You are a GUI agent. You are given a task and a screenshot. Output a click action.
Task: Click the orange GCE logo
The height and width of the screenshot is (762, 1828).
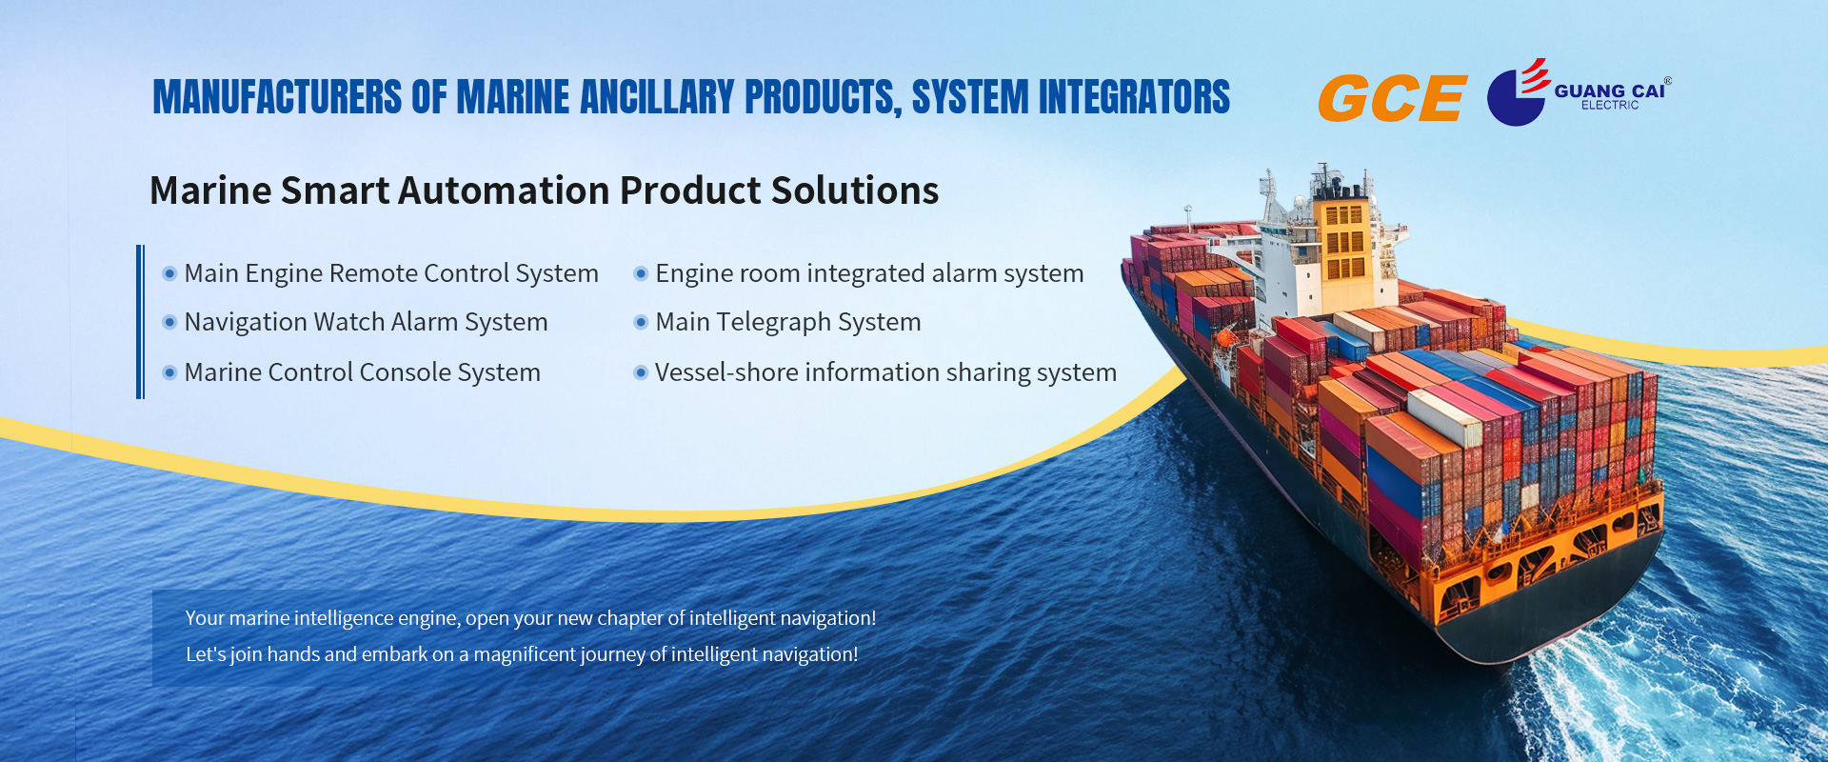[1392, 98]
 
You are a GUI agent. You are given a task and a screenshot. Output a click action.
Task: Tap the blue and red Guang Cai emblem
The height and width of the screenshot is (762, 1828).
[1518, 92]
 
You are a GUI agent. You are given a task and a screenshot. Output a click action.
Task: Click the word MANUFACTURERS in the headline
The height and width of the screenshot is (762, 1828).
[277, 97]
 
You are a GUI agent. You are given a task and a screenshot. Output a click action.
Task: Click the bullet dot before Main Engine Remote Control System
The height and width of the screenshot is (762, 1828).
[169, 273]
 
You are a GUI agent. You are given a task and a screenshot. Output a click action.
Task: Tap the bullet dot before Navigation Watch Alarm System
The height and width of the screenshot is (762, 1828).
[169, 322]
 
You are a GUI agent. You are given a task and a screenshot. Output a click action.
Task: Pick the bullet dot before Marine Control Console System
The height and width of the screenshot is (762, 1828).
[169, 371]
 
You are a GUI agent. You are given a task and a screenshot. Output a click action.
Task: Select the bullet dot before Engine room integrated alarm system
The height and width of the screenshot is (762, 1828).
[641, 273]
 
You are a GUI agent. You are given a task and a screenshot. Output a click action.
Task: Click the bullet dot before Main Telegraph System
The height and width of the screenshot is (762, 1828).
[641, 322]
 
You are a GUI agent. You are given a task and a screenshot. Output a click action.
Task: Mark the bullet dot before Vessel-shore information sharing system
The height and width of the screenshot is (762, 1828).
[641, 371]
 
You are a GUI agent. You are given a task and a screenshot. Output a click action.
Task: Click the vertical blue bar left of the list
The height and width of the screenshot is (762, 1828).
[140, 322]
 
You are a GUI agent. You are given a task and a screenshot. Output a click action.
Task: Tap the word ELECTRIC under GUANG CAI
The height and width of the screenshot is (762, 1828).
[1610, 105]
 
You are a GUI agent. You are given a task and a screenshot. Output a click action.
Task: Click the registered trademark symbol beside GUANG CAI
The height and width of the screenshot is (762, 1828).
[1667, 81]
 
